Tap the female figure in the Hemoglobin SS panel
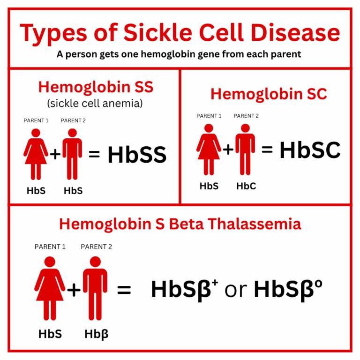point(36,152)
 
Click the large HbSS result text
point(137,155)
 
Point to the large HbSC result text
point(310,150)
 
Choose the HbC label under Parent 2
point(246,186)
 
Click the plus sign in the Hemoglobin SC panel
point(228,150)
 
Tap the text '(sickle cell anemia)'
point(95,103)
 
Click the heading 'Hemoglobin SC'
point(269,94)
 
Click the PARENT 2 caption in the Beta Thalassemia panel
point(97,247)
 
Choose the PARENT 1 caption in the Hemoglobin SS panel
point(36,120)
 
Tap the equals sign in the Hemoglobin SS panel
point(94,153)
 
